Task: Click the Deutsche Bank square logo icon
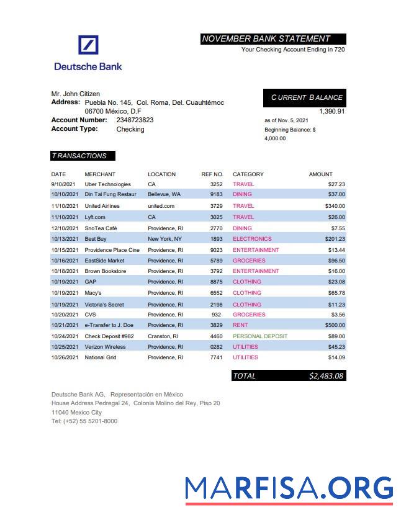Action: [x=89, y=45]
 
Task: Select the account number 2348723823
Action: [x=135, y=120]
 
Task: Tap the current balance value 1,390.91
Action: [x=331, y=111]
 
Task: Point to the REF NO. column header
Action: [x=212, y=174]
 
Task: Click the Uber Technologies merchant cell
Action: [x=107, y=184]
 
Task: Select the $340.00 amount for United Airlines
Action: [x=335, y=206]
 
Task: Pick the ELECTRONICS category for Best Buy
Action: [x=252, y=239]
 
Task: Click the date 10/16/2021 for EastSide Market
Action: [x=65, y=261]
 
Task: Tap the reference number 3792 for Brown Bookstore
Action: [x=216, y=271]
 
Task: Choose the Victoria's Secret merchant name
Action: [x=104, y=305]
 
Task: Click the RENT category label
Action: [x=240, y=325]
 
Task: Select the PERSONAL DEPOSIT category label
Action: [x=260, y=336]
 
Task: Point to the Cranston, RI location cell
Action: [x=163, y=336]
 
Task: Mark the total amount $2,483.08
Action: [x=327, y=376]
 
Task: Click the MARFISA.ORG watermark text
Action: [x=289, y=488]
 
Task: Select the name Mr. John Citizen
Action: [x=75, y=94]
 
